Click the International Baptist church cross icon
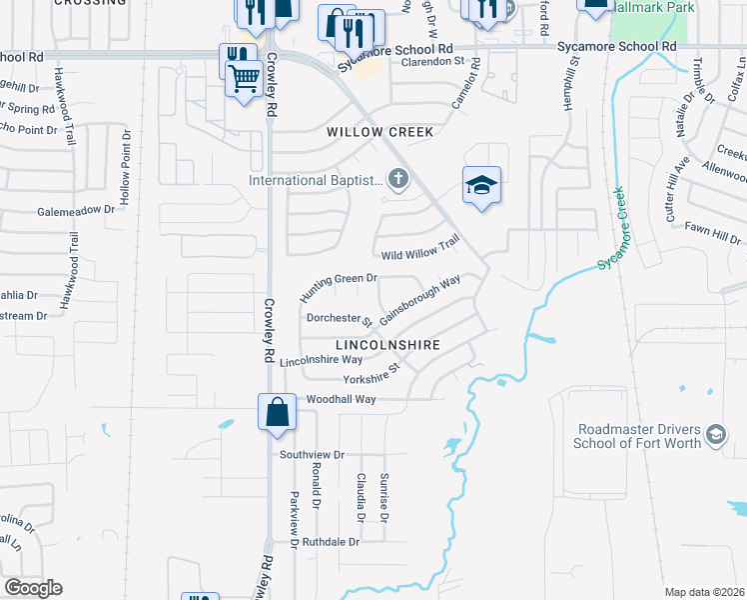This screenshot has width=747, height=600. (x=398, y=181)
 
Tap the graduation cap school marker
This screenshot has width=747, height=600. (x=481, y=186)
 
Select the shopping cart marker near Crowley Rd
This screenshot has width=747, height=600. (x=245, y=78)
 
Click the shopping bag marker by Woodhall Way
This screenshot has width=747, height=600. (x=277, y=412)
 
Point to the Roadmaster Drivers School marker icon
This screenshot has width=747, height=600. (x=715, y=435)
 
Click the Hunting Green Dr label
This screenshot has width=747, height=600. (x=340, y=287)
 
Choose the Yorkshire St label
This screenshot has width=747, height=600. (x=372, y=374)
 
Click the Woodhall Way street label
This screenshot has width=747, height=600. (x=341, y=399)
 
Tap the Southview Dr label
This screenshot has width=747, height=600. (x=312, y=454)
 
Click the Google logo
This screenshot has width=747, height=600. (x=33, y=588)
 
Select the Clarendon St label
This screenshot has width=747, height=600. (x=434, y=62)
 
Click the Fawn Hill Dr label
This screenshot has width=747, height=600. (x=712, y=233)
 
